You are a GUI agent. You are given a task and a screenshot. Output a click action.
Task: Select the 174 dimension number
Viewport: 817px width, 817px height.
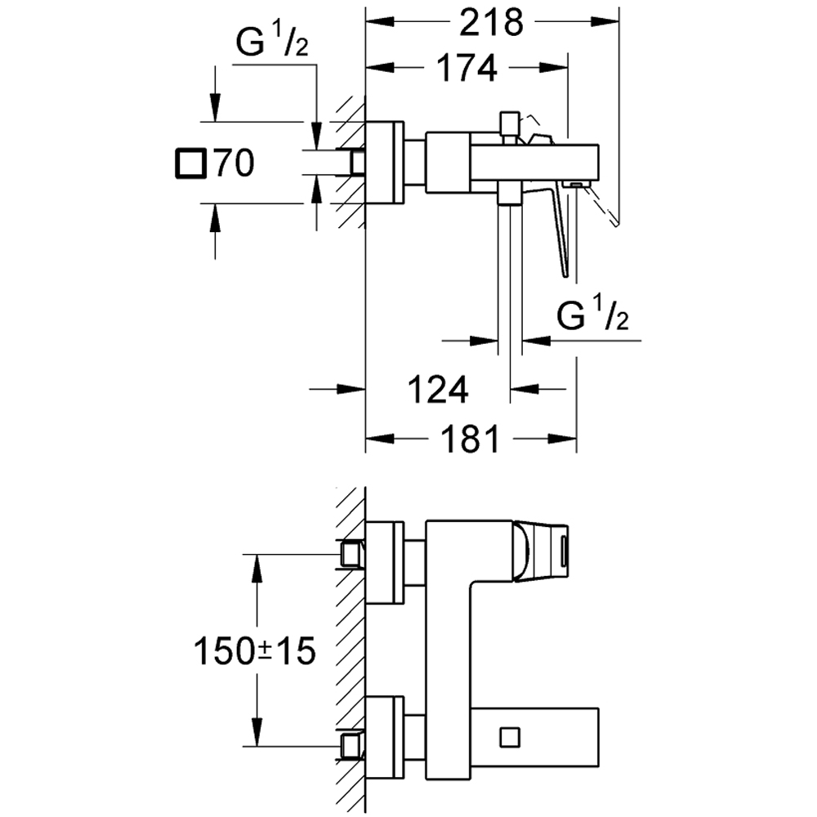pyautogui.click(x=466, y=69)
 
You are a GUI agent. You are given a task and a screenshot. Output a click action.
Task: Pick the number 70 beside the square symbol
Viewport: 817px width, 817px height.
pyautogui.click(x=233, y=164)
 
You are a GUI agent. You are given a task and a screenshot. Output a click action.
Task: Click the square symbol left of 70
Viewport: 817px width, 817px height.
pyautogui.click(x=192, y=163)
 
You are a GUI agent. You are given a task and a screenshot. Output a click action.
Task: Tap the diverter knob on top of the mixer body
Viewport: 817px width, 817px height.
pyautogui.click(x=509, y=123)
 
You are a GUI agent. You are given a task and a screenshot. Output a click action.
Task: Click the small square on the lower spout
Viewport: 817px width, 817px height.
pyautogui.click(x=509, y=735)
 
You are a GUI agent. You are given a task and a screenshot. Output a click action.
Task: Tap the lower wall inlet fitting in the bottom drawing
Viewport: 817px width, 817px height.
pyautogui.click(x=351, y=746)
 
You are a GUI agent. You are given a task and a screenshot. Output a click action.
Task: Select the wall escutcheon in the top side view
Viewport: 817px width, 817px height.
pyautogui.click(x=384, y=163)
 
